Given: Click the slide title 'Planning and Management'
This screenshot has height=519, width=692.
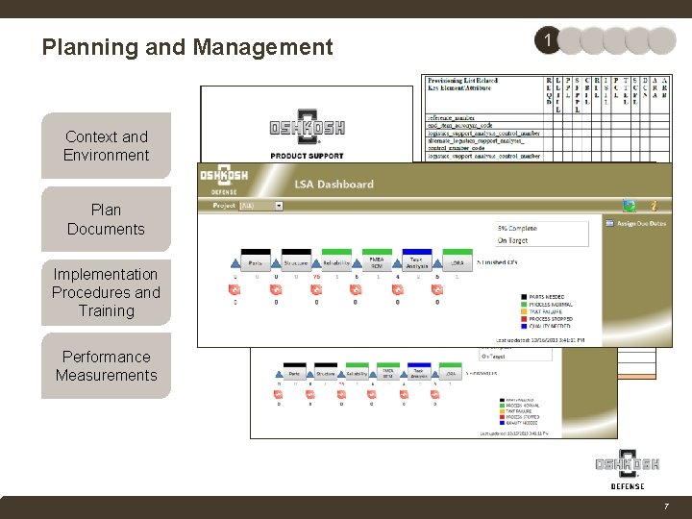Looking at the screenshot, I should point(187,47).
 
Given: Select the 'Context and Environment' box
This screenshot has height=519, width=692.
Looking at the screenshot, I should point(106,146).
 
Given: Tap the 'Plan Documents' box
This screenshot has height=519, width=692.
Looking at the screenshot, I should point(106,219).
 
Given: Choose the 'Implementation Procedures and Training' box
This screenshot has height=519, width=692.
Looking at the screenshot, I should point(106,292).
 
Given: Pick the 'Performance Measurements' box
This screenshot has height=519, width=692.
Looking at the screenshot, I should point(106,366).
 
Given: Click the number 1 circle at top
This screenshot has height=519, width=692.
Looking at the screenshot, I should point(547,40).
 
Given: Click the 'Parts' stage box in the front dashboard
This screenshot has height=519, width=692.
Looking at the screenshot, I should point(256,260).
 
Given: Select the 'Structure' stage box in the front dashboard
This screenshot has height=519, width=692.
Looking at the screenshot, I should point(296,260).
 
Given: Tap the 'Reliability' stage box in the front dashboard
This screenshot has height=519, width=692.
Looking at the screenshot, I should point(336,260).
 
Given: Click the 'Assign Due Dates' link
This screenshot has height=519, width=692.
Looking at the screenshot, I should point(639,223).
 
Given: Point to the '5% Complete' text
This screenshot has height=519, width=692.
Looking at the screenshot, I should point(518,227).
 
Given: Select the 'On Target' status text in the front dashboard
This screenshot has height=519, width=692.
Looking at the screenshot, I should point(514,240).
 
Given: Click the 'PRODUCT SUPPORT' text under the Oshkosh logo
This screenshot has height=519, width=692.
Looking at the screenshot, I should point(307,155).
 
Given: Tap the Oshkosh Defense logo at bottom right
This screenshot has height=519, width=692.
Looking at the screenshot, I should point(627,468).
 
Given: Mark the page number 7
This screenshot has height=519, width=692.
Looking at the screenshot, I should point(665,506).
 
